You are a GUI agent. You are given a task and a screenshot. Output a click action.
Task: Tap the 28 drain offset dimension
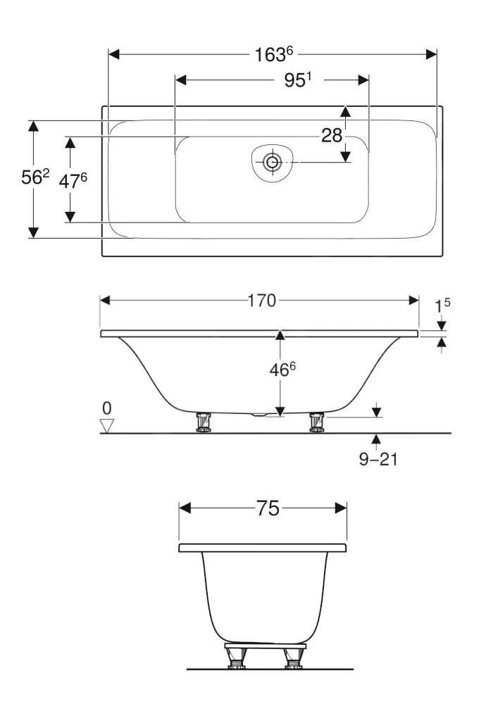coord(332,135)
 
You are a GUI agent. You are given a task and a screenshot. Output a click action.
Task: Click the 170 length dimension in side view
coord(261,301)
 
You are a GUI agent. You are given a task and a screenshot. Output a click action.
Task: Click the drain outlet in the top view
coord(271,163)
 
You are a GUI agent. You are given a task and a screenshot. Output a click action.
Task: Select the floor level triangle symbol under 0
coord(107,425)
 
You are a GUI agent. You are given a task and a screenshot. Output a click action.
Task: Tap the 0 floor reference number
coord(107,408)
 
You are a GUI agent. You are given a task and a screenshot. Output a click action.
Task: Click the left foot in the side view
coord(204,421)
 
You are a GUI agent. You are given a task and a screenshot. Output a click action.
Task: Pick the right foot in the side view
coord(316,421)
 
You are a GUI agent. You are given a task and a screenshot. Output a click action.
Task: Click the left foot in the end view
coord(235,658)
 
